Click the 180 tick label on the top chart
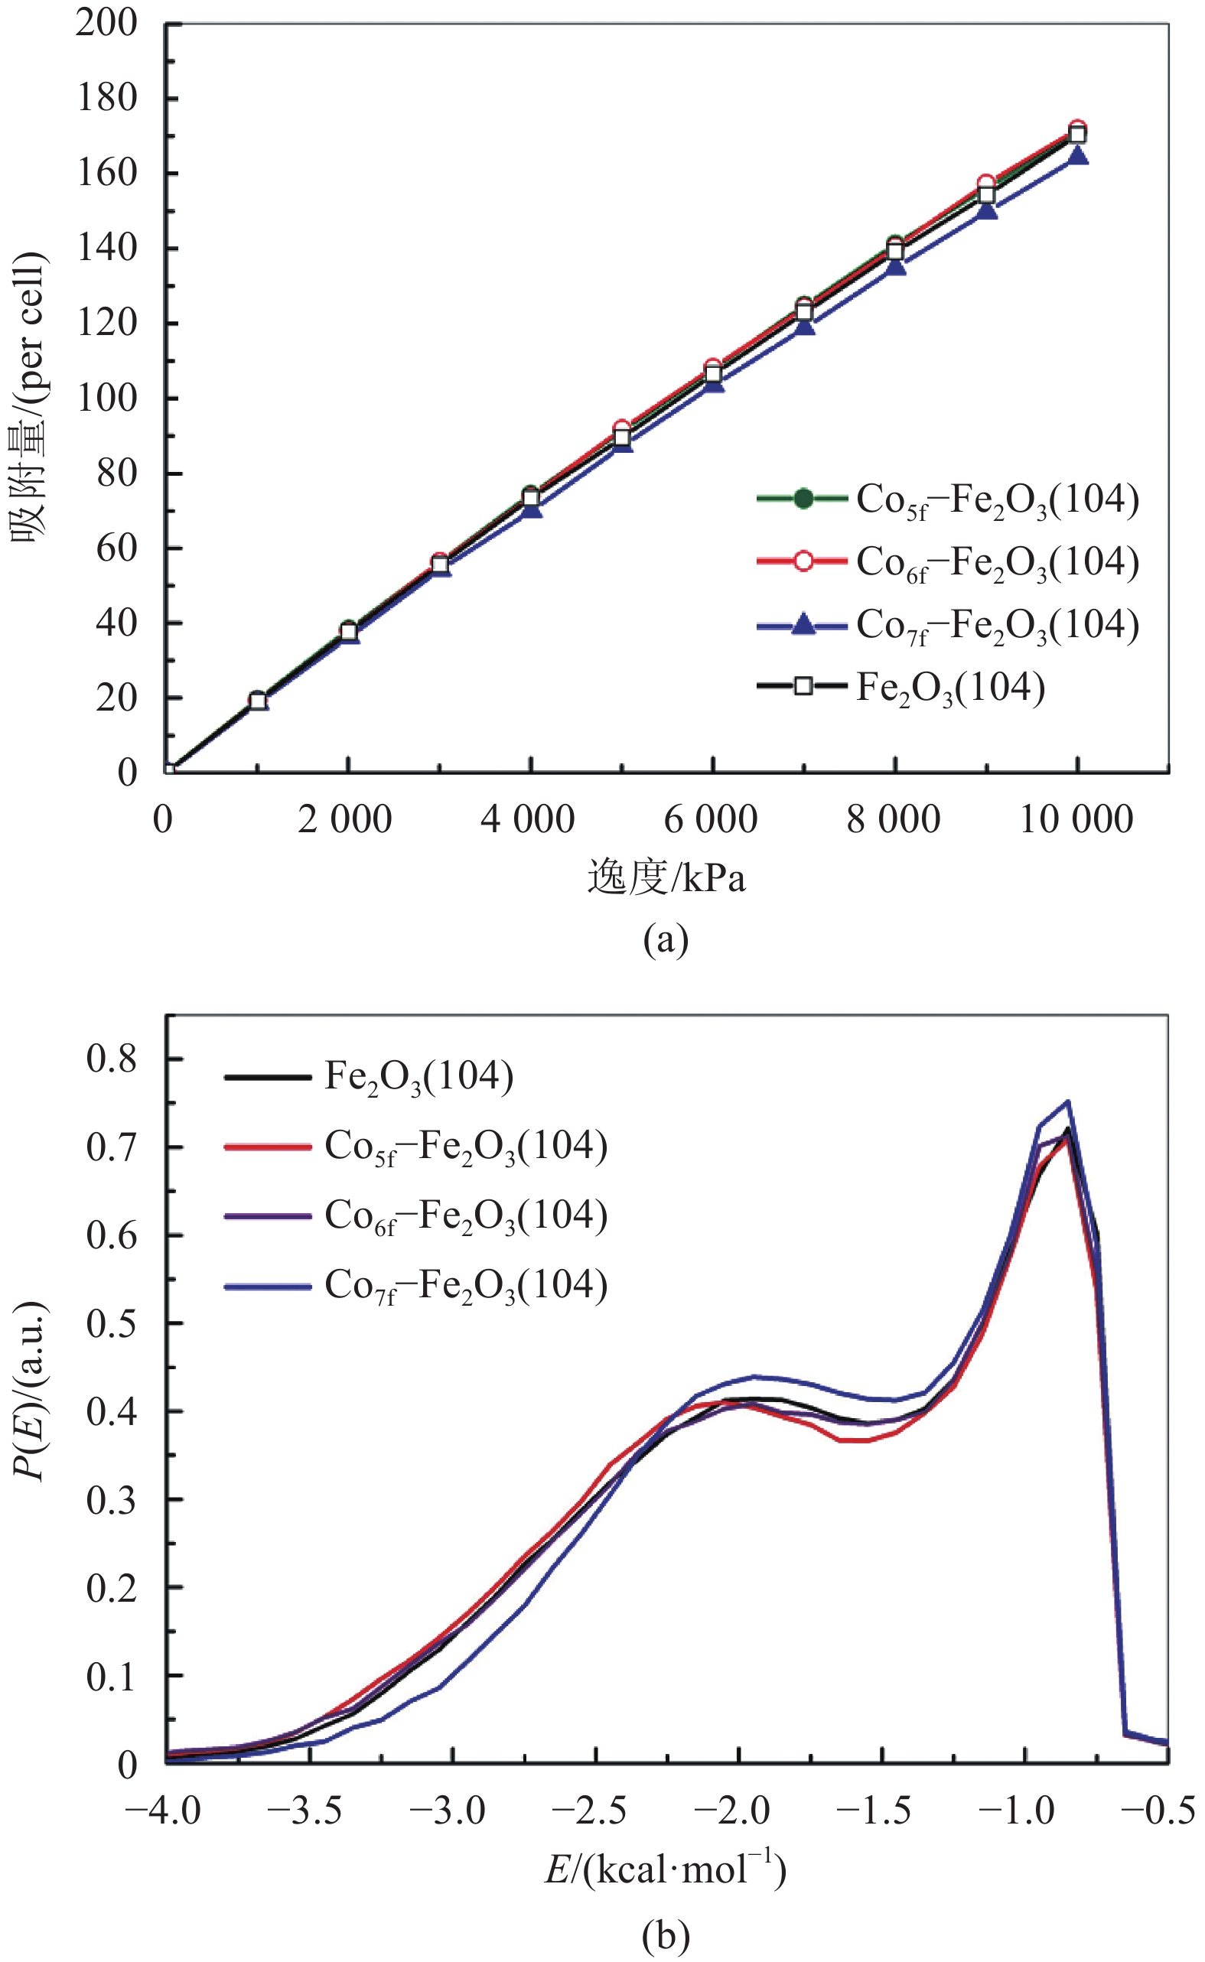pyautogui.click(x=107, y=98)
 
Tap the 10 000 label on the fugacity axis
pyautogui.click(x=1076, y=819)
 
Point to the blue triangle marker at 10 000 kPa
pyautogui.click(x=1077, y=156)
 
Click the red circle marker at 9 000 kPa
pyautogui.click(x=987, y=184)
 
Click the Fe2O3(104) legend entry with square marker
pyautogui.click(x=900, y=688)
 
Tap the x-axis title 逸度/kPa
pyautogui.click(x=666, y=878)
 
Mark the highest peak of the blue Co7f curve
pyautogui.click(x=1067, y=1101)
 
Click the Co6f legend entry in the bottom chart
pyautogui.click(x=416, y=1216)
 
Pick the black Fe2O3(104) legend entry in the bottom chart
pyautogui.click(x=369, y=1076)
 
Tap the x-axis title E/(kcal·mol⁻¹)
pyautogui.click(x=666, y=1868)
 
